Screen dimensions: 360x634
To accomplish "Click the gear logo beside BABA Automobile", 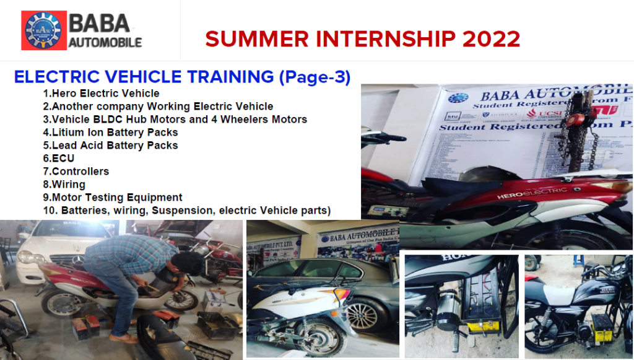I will pyautogui.click(x=43, y=30).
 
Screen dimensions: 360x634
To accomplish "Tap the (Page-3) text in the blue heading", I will pyautogui.click(x=315, y=77).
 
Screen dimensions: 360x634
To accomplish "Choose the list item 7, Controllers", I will pyautogui.click(x=76, y=171).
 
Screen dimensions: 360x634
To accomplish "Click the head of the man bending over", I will pyautogui.click(x=189, y=263).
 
